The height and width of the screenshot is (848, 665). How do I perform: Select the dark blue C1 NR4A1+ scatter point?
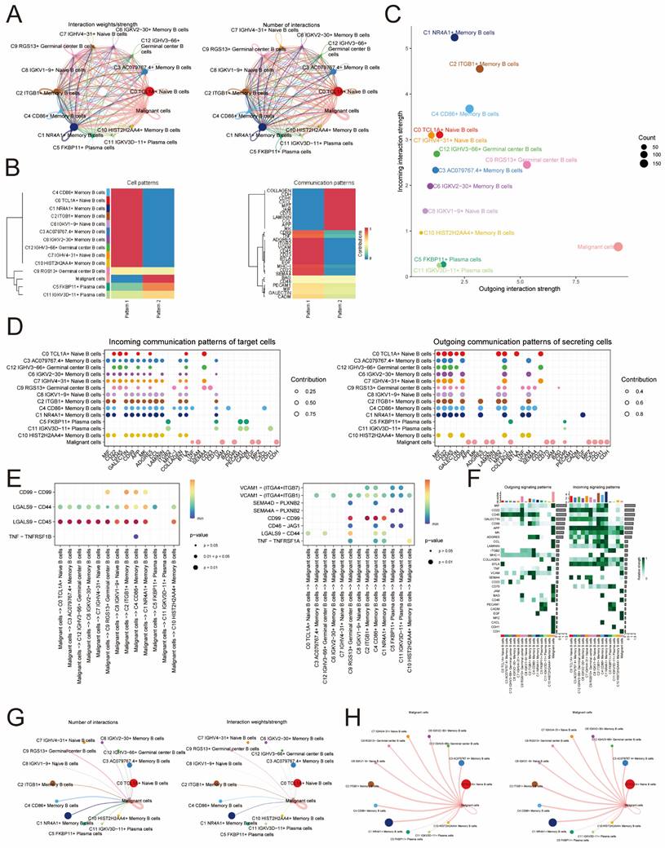[454, 37]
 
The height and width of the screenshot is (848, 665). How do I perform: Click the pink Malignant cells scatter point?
[618, 246]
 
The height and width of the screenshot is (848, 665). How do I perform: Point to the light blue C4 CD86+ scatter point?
[469, 108]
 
